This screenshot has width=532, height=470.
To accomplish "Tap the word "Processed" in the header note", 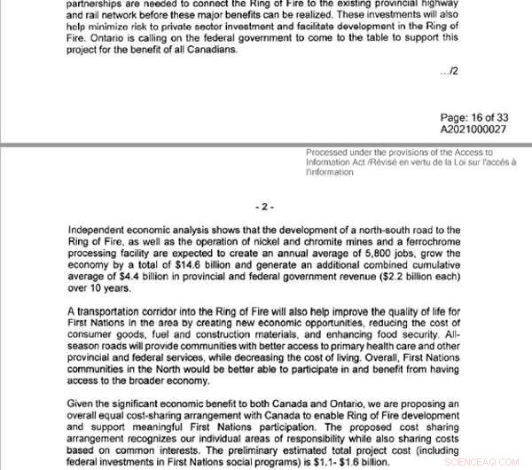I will (328, 152).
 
